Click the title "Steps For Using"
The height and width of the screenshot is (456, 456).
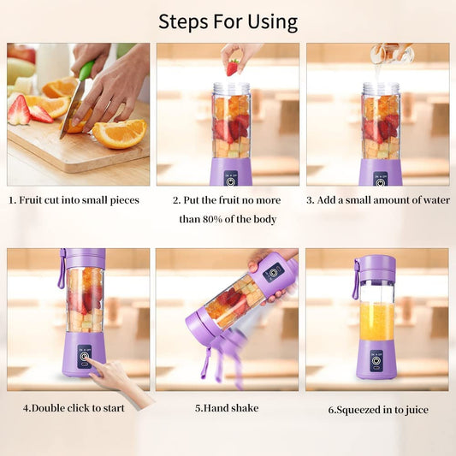coord(228,21)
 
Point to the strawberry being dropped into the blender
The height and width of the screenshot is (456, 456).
coord(233,66)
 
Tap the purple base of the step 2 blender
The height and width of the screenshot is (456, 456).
coord(231,171)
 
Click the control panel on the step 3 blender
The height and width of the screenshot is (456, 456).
coord(379,177)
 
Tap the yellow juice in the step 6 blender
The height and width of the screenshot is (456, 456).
coord(376,322)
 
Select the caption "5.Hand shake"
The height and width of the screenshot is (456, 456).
coord(227,408)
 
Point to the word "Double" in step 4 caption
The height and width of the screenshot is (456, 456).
coord(50,408)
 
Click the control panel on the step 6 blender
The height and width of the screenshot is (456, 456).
coord(376,360)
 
